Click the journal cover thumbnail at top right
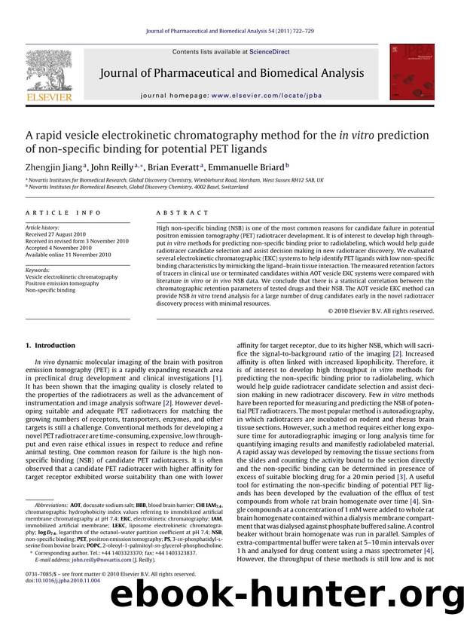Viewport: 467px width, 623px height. click(412, 72)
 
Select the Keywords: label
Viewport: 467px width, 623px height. click(38, 269)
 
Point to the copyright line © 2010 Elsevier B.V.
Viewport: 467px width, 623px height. click(381, 311)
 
